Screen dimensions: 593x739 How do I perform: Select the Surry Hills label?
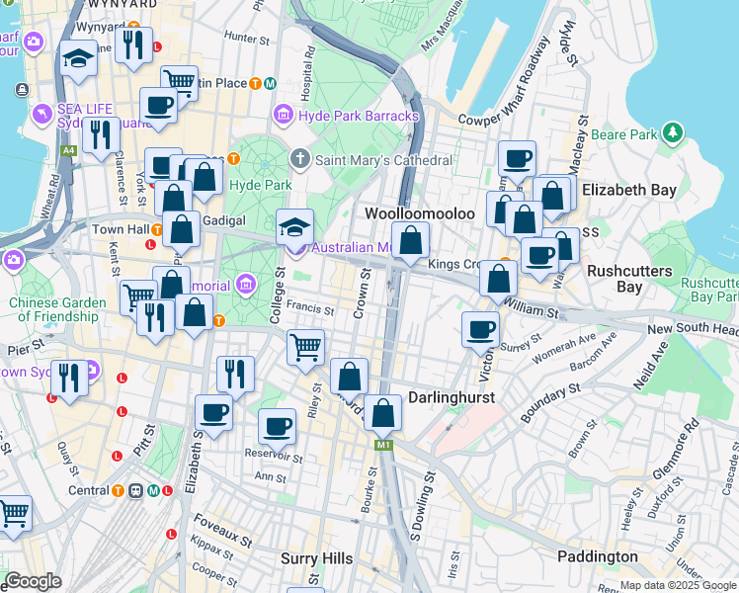pyautogui.click(x=316, y=558)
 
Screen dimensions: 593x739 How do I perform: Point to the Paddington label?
pyautogui.click(x=597, y=556)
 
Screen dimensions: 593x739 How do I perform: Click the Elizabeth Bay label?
pyautogui.click(x=629, y=190)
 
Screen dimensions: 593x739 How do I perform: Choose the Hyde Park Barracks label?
pyautogui.click(x=358, y=116)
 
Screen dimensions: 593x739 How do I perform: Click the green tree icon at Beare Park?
pyautogui.click(x=673, y=132)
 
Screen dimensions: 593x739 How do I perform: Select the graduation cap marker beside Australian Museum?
pyautogui.click(x=294, y=226)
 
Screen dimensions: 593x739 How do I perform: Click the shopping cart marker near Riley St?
pyautogui.click(x=306, y=347)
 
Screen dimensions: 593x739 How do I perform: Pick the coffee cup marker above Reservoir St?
pyautogui.click(x=277, y=426)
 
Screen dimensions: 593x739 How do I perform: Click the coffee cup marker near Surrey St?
pyautogui.click(x=481, y=329)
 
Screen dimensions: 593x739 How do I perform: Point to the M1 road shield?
pyautogui.click(x=382, y=447)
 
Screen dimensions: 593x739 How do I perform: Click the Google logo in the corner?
pyautogui.click(x=33, y=581)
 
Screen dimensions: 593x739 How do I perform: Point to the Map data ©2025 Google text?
pyautogui.click(x=678, y=586)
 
